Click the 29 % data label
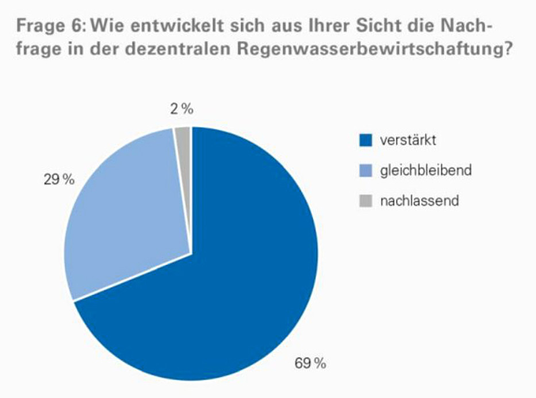click(59, 179)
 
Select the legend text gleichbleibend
click(426, 171)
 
